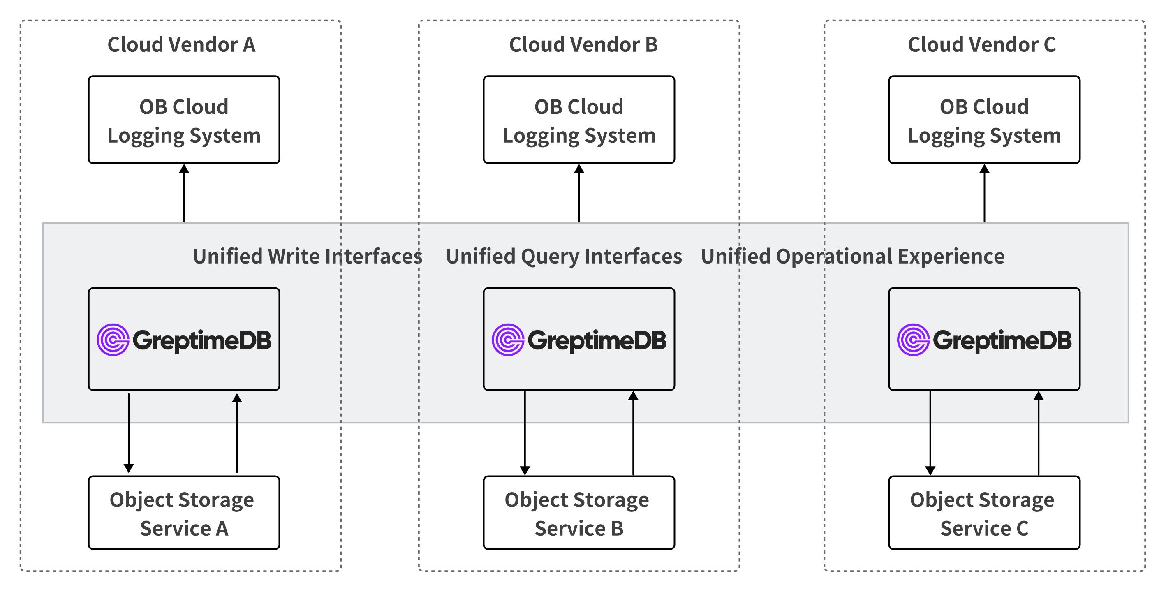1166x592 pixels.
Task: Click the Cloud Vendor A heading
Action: (181, 45)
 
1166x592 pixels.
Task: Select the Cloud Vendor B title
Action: (583, 45)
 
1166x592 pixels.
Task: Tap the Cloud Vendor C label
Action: (981, 45)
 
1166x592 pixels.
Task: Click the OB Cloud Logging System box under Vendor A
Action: (184, 120)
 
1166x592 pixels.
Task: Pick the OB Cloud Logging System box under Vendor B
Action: (578, 120)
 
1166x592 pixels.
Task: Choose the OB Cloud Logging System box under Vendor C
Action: (984, 120)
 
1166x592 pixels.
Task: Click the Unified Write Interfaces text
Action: (308, 257)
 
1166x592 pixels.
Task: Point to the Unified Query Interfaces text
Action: (564, 257)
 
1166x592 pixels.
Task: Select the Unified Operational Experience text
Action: (852, 257)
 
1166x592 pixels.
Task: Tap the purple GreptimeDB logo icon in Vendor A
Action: (113, 340)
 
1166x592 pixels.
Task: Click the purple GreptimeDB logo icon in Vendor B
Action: (508, 340)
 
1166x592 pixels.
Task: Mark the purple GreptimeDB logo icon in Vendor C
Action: (914, 340)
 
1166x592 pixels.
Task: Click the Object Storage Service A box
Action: (184, 513)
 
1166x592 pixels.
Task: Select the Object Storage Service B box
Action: (578, 513)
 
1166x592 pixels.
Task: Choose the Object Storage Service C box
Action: (984, 513)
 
